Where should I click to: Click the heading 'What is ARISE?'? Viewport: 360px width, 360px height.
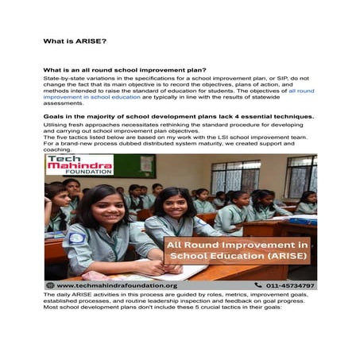tap(75, 40)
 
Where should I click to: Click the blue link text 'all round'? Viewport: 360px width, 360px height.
tap(301, 91)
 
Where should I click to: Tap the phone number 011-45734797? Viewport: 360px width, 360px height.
tap(289, 285)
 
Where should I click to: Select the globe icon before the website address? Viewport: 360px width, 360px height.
tap(50, 285)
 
